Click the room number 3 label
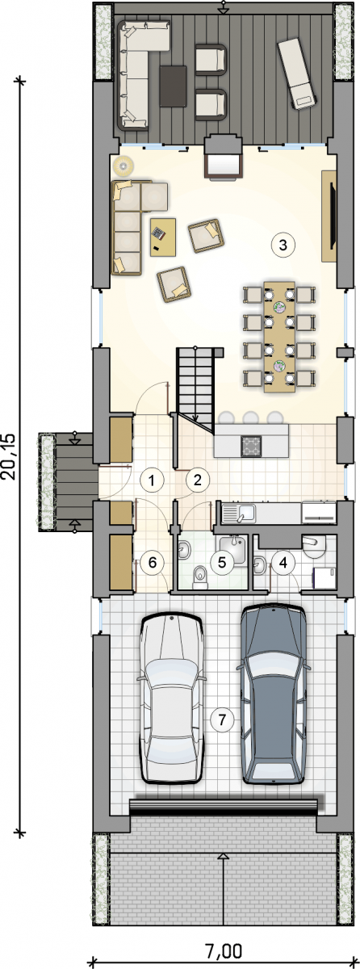click(x=283, y=245)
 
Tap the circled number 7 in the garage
click(x=222, y=719)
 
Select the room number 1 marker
click(x=151, y=480)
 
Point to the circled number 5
click(x=222, y=562)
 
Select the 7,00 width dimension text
click(x=224, y=951)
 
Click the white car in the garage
click(x=172, y=698)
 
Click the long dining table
click(x=279, y=337)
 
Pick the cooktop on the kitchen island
click(x=251, y=446)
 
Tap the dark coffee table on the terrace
click(x=173, y=86)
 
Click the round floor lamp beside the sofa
click(x=123, y=166)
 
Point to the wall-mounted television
click(x=333, y=216)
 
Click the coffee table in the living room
click(x=163, y=237)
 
